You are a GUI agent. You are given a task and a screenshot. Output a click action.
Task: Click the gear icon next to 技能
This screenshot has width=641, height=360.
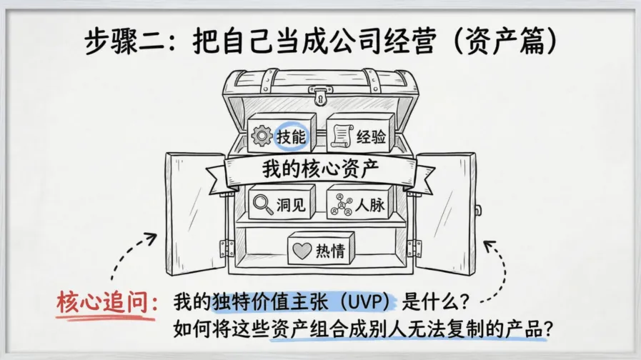pyautogui.click(x=262, y=135)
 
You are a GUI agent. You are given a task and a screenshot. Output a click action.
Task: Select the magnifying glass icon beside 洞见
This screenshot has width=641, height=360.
pyautogui.click(x=262, y=204)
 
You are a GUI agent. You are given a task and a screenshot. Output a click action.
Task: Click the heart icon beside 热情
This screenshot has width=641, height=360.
pyautogui.click(x=303, y=251)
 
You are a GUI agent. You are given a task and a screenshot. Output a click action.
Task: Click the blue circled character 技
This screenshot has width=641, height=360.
pyautogui.click(x=283, y=136)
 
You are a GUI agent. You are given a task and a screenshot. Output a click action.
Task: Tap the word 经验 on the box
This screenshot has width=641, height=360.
pyautogui.click(x=372, y=136)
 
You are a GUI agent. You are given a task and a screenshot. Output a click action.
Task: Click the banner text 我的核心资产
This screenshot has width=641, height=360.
pyautogui.click(x=320, y=170)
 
